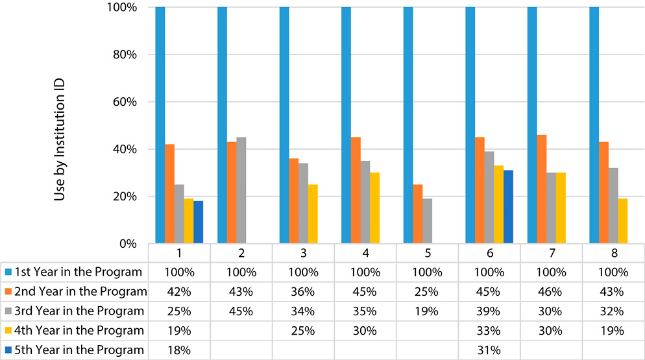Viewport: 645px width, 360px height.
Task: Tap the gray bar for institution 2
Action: point(241,191)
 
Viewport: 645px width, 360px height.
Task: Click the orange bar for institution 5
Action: point(418,214)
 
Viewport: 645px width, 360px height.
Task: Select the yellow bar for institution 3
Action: point(313,214)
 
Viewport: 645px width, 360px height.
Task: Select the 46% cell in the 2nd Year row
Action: point(550,291)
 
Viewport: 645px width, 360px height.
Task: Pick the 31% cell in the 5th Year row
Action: point(489,350)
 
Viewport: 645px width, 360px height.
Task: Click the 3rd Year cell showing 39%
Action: point(489,311)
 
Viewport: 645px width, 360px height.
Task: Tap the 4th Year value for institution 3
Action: point(303,330)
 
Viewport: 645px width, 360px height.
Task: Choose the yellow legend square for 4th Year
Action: point(8,330)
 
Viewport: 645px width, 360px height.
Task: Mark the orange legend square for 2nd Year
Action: point(8,291)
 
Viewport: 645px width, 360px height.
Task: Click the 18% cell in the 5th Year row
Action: point(179,350)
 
